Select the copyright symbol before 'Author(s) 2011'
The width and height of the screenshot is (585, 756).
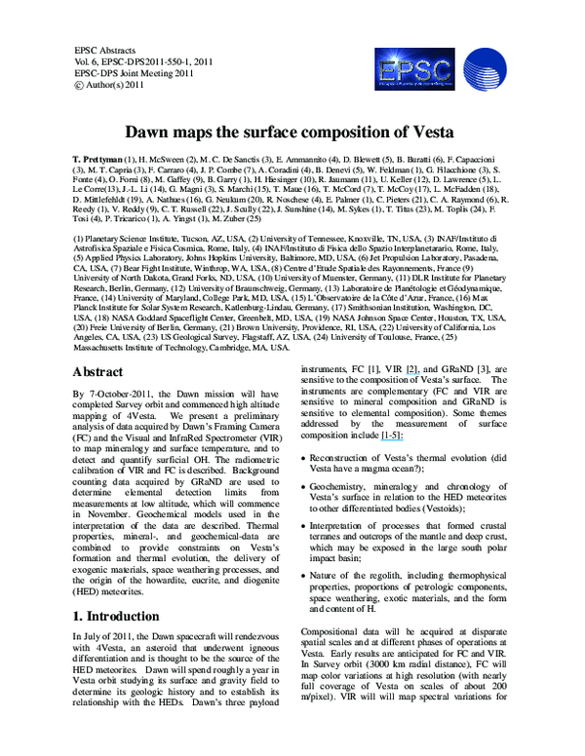tap(79, 85)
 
